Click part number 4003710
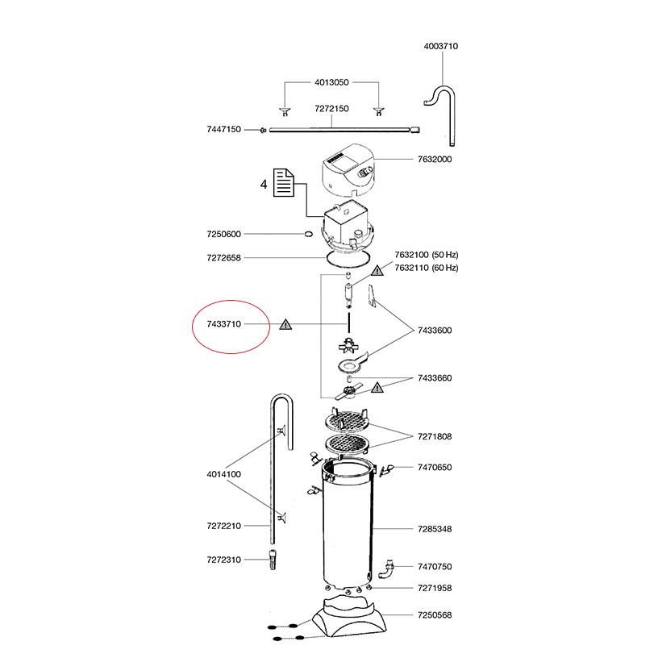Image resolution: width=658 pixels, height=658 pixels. (x=440, y=47)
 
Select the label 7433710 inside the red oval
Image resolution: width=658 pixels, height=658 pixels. (x=224, y=325)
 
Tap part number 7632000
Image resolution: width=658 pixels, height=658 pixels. (x=435, y=160)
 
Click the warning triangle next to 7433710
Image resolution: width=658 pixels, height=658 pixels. (x=285, y=325)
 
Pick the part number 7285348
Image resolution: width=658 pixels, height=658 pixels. (x=434, y=529)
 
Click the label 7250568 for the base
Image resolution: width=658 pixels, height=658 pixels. (x=434, y=615)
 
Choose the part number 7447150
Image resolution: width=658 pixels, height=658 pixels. (x=224, y=129)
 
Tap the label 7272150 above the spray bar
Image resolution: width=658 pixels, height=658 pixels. (x=331, y=108)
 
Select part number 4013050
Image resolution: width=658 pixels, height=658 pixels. (x=331, y=82)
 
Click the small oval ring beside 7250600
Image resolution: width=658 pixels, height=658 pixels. (x=307, y=235)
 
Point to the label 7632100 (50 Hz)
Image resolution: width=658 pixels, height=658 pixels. (x=426, y=255)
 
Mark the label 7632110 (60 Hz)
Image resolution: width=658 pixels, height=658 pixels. (x=426, y=268)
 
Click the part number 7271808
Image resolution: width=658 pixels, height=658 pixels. (x=434, y=436)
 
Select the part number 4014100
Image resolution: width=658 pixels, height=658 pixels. (x=224, y=474)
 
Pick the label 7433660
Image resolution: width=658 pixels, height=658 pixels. (x=434, y=378)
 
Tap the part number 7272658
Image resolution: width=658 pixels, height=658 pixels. (x=224, y=258)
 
